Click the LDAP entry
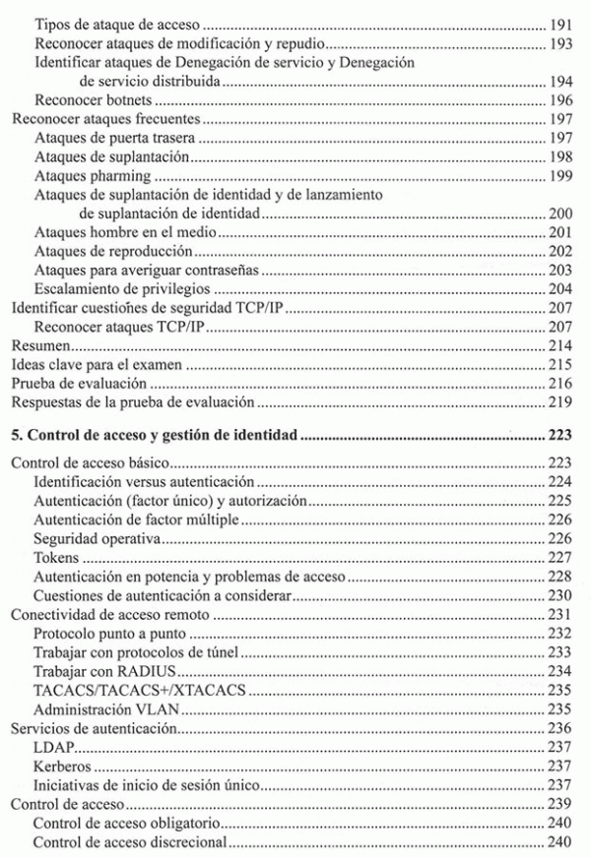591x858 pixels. [51, 747]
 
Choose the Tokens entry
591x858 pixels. [56, 558]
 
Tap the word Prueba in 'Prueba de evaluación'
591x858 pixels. [33, 384]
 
